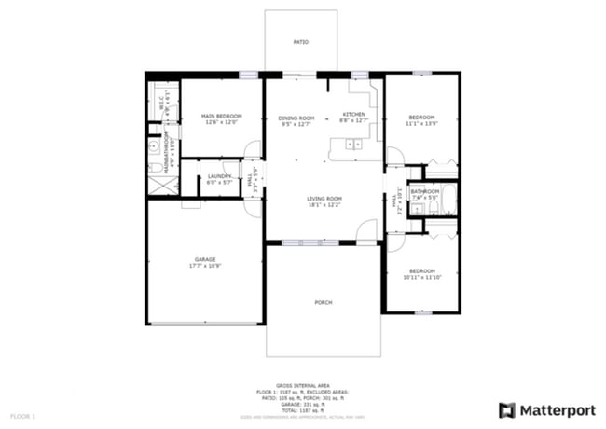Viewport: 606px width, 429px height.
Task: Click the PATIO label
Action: [x=301, y=42]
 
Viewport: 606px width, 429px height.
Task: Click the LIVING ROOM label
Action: [x=325, y=198]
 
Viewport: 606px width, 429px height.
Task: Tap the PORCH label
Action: [x=324, y=302]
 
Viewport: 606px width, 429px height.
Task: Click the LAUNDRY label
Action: [x=220, y=175]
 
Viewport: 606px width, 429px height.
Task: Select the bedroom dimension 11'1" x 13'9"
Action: [x=420, y=122]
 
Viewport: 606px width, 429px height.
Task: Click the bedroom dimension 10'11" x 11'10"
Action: [x=420, y=276]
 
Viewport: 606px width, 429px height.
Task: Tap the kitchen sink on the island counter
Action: [x=354, y=144]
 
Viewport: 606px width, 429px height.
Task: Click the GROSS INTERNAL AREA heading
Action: [x=302, y=383]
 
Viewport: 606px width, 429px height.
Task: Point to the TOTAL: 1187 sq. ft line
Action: [x=302, y=409]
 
